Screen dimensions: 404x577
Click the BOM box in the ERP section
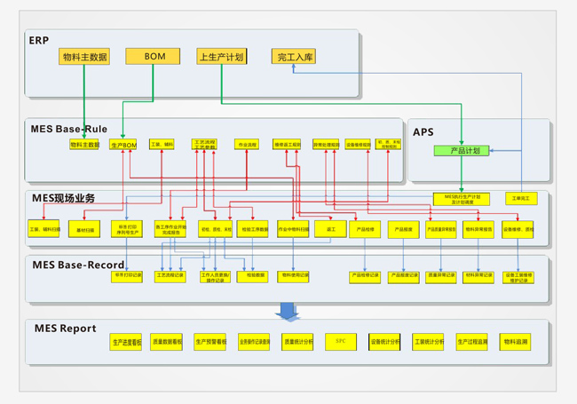(156, 56)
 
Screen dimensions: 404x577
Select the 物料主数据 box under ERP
(85, 57)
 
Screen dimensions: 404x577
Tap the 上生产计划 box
(222, 57)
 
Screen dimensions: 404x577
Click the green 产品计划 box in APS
(462, 151)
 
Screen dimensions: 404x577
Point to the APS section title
(423, 132)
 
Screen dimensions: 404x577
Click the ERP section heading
(38, 41)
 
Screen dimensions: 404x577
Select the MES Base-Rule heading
(69, 130)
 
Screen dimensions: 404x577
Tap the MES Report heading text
(66, 329)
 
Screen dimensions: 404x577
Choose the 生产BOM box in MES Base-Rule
(123, 145)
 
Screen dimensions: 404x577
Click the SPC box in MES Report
(340, 341)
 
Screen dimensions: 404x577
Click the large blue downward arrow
(288, 311)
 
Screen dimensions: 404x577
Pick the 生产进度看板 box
(127, 341)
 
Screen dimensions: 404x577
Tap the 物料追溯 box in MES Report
(515, 341)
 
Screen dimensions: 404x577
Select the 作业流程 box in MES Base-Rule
(247, 144)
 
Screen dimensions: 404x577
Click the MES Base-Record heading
(79, 265)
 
